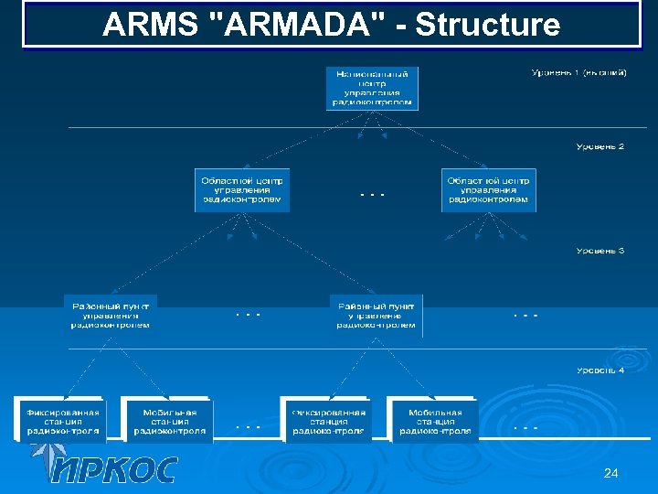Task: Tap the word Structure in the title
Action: [x=486, y=25]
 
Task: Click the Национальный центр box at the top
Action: [x=372, y=88]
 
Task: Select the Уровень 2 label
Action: [x=600, y=145]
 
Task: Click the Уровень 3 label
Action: [x=600, y=250]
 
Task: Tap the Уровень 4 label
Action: [x=600, y=370]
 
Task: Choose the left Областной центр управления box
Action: [x=242, y=189]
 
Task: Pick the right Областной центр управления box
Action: [x=488, y=189]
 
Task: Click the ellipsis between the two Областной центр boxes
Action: [x=372, y=195]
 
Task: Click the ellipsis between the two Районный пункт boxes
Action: [x=248, y=315]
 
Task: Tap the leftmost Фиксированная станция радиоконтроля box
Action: [x=62, y=421]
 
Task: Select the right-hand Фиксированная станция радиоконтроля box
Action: [x=327, y=421]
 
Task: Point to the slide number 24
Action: [x=611, y=473]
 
